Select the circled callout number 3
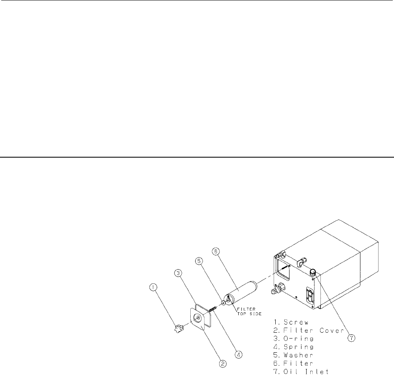178,273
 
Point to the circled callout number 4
238,355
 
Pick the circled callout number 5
199,261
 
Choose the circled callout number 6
216,251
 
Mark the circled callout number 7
351,338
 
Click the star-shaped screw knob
179,329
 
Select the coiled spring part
213,309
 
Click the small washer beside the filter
223,303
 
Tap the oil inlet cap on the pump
313,272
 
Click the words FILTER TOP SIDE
249,312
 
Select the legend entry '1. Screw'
291,322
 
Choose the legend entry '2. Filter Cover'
309,330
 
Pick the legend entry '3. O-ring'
294,339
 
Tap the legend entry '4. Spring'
294,347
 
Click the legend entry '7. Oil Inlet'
301,372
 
